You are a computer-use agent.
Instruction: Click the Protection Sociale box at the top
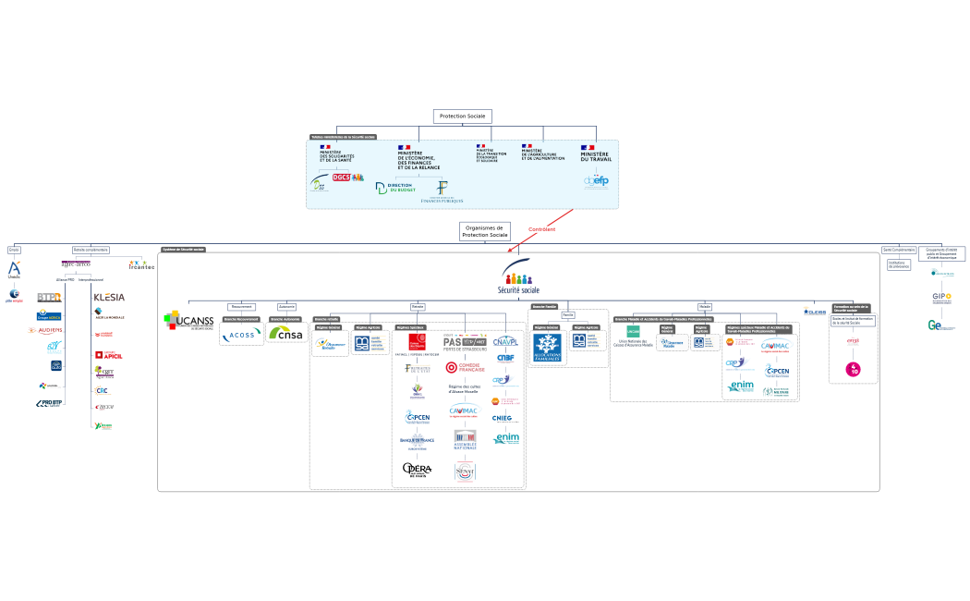click(x=462, y=117)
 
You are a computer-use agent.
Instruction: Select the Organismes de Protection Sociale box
click(x=484, y=231)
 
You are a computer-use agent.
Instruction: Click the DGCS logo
click(x=342, y=177)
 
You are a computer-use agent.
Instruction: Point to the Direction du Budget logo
click(x=395, y=188)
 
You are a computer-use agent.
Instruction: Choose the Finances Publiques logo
click(x=442, y=192)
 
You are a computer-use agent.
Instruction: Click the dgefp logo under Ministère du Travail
click(x=596, y=182)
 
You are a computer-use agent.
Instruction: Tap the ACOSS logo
click(x=241, y=334)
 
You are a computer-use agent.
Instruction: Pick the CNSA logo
click(x=286, y=334)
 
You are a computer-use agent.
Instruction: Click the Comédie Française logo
click(x=465, y=367)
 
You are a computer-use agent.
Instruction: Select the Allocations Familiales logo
click(x=547, y=348)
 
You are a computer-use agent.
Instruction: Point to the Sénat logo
click(x=465, y=472)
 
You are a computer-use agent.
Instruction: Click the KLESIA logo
click(x=109, y=297)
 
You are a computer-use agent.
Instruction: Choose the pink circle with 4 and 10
click(x=854, y=369)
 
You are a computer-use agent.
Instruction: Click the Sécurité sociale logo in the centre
click(x=518, y=281)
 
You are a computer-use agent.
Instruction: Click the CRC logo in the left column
click(x=103, y=390)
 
